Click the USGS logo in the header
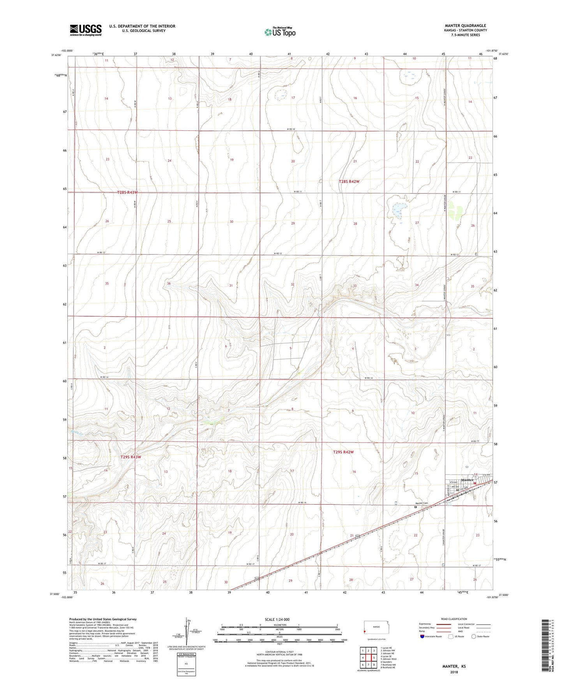[86, 30]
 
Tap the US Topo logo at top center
[279, 32]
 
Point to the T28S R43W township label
[127, 192]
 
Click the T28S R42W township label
[349, 181]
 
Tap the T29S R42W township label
[344, 452]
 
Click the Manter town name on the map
[467, 480]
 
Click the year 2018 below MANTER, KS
[454, 672]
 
